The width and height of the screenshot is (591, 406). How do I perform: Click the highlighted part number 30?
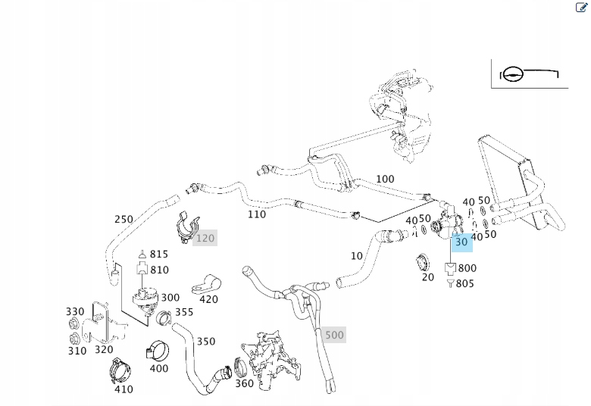coord(461,242)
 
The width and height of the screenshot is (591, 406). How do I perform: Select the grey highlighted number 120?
coord(205,238)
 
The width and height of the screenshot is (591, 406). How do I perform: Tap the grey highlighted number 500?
coord(333,335)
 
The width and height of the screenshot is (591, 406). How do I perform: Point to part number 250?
coord(124,220)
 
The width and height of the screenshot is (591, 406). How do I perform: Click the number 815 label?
coord(159,255)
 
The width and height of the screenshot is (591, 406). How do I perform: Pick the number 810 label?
coord(159,270)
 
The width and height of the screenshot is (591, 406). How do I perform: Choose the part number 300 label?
coord(170,298)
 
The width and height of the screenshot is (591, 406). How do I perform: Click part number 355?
coord(184,311)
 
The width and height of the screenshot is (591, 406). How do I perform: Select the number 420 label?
coord(208,299)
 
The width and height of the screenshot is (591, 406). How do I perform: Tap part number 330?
coord(75,311)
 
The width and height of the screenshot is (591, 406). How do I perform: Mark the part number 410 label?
coord(124,389)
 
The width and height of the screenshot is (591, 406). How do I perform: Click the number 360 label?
coord(244,383)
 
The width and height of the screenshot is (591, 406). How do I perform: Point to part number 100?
coord(385,180)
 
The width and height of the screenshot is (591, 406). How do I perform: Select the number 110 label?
coord(257,214)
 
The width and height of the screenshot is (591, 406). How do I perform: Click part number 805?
coord(465,283)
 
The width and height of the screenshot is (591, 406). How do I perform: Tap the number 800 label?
coord(467,268)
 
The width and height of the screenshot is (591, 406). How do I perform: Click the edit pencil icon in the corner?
coord(582,8)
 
